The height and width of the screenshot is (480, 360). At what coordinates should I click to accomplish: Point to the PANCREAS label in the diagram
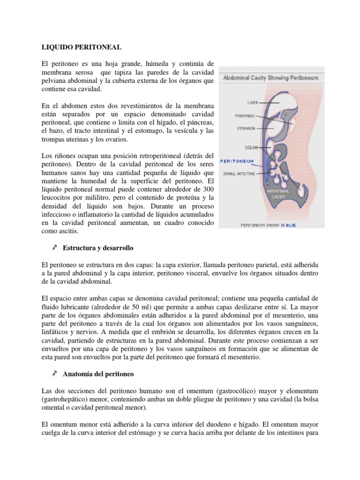pyautogui.click(x=245, y=116)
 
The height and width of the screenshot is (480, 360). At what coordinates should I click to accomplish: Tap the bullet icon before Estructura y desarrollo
pyautogui.click(x=54, y=247)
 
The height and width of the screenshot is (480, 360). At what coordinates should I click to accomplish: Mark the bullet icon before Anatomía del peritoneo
pyautogui.click(x=54, y=374)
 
